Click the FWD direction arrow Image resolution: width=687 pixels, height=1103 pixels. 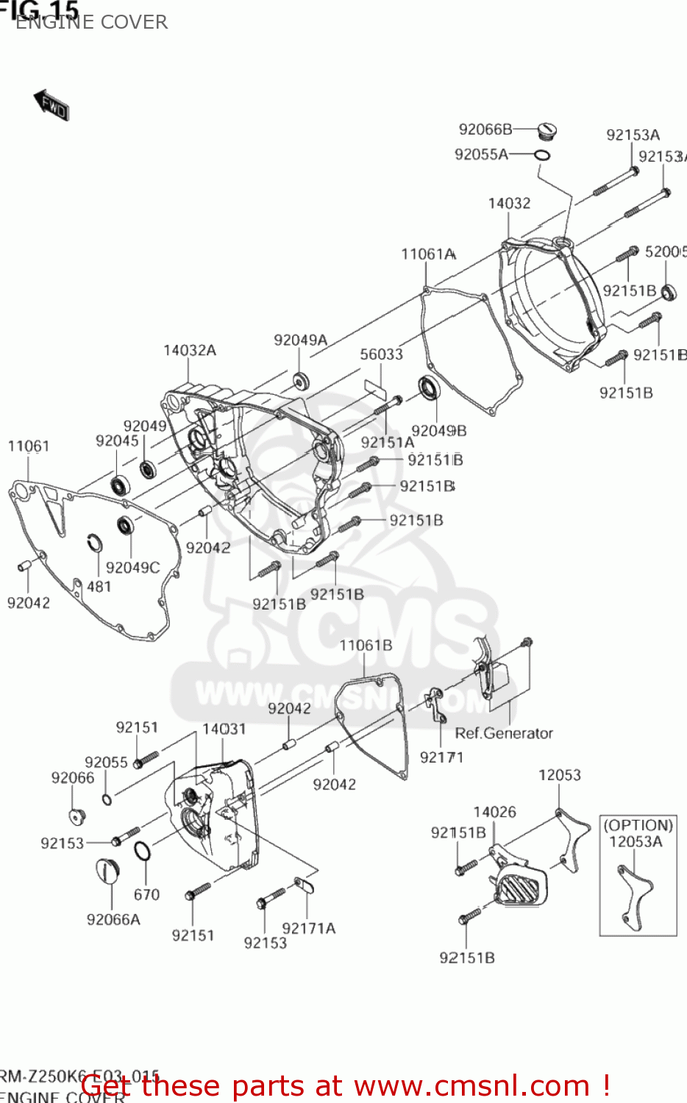coord(51,105)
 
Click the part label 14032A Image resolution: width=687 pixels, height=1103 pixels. coord(190,351)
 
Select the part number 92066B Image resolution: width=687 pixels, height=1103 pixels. coord(485,129)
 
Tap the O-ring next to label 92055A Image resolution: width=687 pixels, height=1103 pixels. coord(542,155)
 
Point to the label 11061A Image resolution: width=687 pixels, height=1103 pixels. coord(428,254)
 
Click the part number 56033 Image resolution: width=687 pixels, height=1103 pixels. coord(381,354)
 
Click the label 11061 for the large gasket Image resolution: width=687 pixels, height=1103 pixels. coord(29,446)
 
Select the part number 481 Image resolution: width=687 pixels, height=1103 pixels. coord(99,587)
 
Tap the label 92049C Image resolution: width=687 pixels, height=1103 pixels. coord(133,568)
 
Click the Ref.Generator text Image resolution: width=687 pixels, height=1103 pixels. coord(504,733)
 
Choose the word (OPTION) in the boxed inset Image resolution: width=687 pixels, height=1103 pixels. coord(638,825)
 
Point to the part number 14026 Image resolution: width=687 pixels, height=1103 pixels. coord(494,812)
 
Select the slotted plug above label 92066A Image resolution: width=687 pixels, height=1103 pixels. coord(107,871)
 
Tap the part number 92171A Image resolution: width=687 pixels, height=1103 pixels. coord(309,929)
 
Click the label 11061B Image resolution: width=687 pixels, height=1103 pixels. coord(366,646)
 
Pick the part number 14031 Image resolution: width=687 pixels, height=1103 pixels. coord(224,729)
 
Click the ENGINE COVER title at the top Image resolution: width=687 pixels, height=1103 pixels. coord(91,22)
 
